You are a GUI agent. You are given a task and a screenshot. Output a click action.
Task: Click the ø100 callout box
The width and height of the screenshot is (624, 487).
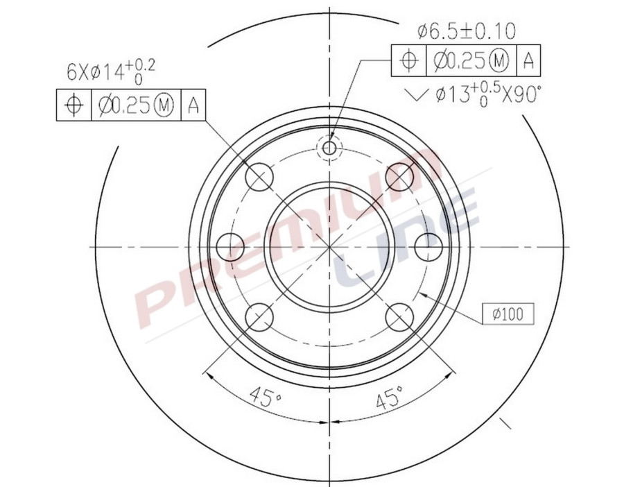point(508,314)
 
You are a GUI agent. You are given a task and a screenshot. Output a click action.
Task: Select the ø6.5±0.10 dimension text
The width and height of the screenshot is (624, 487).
point(467,31)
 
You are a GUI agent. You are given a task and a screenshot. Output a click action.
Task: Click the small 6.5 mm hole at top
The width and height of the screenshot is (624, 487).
point(329,148)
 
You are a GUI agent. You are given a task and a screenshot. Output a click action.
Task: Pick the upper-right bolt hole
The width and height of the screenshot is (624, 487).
point(399,176)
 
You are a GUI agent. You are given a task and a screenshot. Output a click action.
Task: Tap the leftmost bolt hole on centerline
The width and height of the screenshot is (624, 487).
point(231,246)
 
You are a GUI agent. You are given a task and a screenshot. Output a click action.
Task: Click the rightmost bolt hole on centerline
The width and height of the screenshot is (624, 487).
point(428,246)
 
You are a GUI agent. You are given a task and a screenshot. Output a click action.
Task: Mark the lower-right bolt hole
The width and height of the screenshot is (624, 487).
point(399,318)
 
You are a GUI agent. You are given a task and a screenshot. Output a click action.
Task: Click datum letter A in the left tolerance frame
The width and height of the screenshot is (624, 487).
point(193,105)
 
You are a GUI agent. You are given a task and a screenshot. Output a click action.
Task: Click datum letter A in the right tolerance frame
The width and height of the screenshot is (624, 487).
point(528,61)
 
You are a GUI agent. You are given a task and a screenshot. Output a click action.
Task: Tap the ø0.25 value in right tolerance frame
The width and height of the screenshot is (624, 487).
point(458,61)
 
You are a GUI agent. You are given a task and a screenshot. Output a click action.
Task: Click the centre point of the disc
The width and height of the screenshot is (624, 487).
point(329,246)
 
